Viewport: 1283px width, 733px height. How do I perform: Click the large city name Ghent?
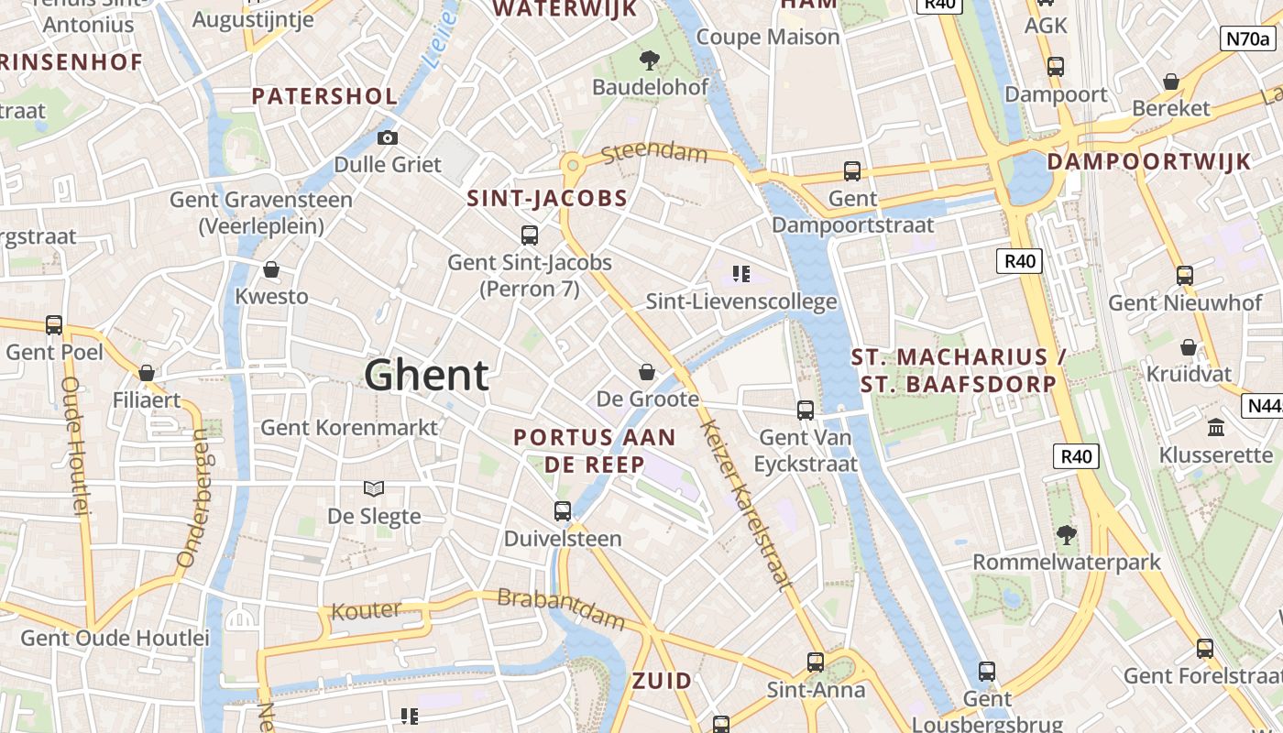click(x=426, y=376)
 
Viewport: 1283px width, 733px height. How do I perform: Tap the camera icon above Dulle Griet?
click(x=388, y=138)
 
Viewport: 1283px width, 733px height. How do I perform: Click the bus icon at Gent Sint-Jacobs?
click(x=530, y=235)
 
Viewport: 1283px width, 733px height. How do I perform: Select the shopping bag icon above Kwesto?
click(x=271, y=269)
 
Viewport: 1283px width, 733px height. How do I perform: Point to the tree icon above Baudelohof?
click(x=650, y=60)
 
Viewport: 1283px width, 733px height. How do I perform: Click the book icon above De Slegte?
click(x=374, y=488)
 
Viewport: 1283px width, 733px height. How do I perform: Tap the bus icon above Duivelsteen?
click(x=563, y=511)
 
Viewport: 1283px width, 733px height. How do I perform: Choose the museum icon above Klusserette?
click(x=1216, y=428)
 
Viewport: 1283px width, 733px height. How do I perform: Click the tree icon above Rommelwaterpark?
click(x=1066, y=534)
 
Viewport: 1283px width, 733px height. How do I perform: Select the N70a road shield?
click(x=1247, y=38)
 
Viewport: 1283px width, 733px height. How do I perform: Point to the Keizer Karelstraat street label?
click(x=745, y=503)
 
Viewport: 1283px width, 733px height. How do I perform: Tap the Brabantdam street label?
click(x=561, y=609)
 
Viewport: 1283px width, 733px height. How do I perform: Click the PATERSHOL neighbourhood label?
click(x=324, y=96)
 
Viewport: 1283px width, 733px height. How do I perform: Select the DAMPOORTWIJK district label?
click(x=1148, y=162)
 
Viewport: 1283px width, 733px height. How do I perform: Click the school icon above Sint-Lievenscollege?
click(x=741, y=274)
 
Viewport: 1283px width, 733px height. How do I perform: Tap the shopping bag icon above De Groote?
click(x=647, y=372)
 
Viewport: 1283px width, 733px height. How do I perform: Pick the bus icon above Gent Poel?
click(x=54, y=325)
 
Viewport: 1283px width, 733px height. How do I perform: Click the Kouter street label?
click(x=366, y=610)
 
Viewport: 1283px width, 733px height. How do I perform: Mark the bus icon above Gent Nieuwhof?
click(x=1185, y=275)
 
